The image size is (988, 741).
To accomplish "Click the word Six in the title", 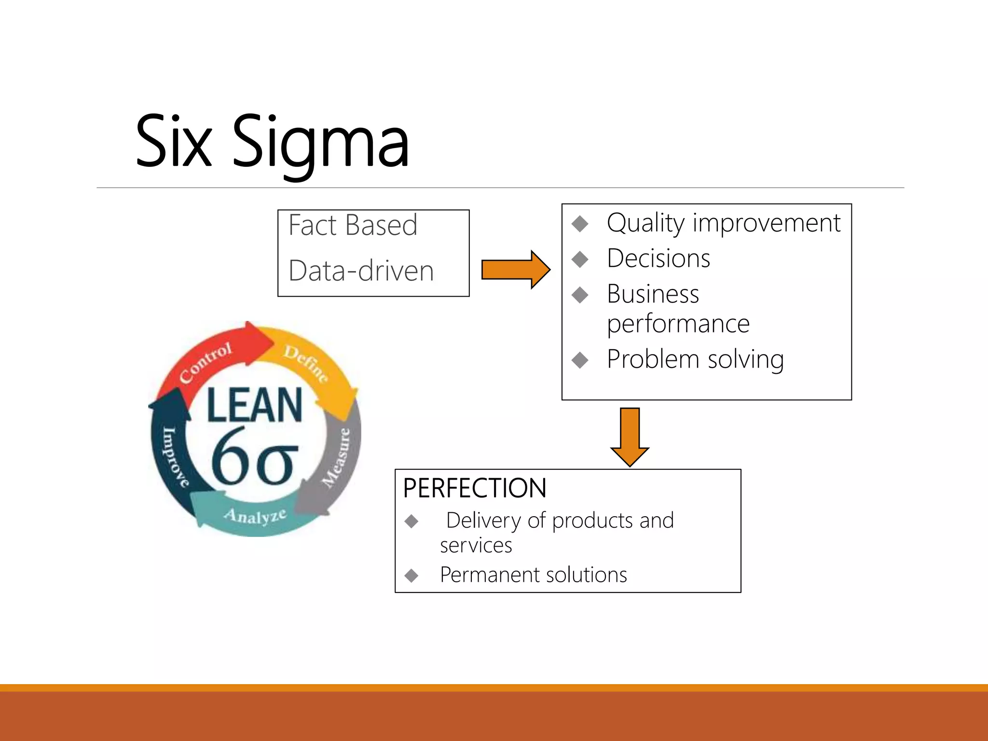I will (174, 142).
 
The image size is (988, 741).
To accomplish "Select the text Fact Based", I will (353, 225).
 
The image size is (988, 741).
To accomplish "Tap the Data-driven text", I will (361, 271).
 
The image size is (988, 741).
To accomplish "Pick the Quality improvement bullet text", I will (724, 223).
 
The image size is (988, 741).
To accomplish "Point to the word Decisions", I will (659, 259).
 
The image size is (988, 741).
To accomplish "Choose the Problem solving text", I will (695, 359).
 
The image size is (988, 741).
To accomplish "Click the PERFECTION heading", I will (475, 488).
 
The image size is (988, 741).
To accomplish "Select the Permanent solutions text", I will (533, 575).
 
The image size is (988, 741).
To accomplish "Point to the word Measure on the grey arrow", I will (336, 457).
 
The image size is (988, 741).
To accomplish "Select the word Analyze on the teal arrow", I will (255, 516).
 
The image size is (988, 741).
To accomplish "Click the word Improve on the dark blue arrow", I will (175, 456).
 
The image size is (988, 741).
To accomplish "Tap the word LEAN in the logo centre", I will (254, 405).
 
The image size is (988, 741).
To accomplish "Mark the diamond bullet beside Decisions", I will (580, 259).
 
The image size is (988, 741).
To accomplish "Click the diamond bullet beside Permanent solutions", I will (412, 576).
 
